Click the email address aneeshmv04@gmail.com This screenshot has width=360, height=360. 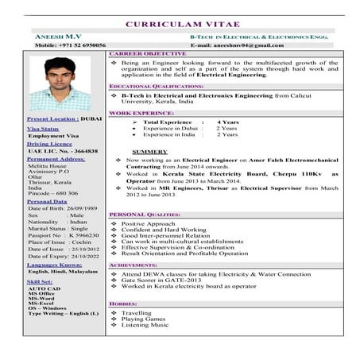250,46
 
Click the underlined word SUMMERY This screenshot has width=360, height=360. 149,151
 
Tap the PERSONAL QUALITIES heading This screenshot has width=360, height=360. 145,215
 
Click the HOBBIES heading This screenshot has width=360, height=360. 123,304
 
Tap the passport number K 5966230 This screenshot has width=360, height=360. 83,236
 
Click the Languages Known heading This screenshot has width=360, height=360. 54,265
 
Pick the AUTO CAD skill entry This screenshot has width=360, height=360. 43,288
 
